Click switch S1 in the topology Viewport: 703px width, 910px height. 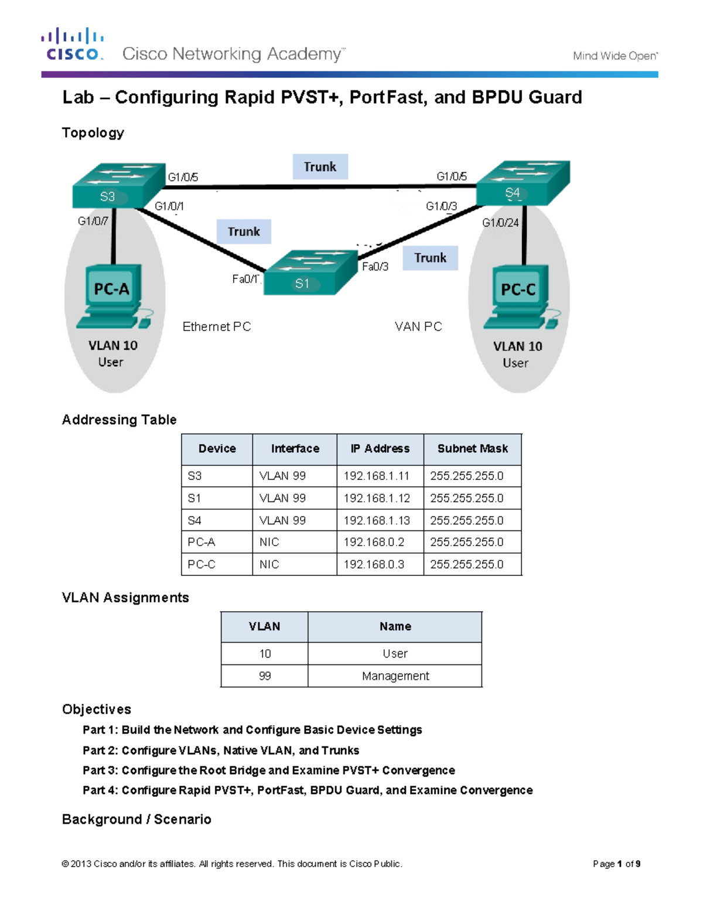pos(310,273)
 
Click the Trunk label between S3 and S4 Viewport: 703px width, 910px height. pos(320,167)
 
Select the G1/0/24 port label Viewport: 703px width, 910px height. pos(500,223)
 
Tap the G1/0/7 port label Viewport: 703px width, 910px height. pos(93,221)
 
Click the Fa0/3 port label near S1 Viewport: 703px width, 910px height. pos(375,267)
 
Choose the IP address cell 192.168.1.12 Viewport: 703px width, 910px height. pos(377,498)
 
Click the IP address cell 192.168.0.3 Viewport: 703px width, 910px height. pos(374,564)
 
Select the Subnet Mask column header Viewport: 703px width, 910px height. pos(472,449)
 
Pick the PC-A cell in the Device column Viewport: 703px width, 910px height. pos(202,543)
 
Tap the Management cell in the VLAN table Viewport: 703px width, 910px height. pos(395,676)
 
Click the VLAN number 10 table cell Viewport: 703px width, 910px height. pos(265,654)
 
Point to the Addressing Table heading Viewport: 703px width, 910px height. pos(120,420)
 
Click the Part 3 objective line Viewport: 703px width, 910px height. pos(268,771)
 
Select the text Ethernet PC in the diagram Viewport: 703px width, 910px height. pos(217,327)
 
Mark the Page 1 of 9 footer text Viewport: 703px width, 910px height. pos(616,864)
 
